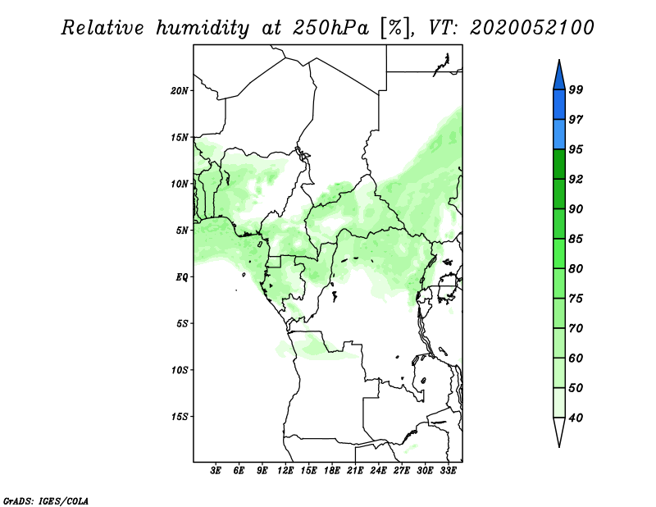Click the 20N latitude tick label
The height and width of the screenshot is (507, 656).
pos(180,91)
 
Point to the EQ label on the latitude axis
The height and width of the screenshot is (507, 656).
pos(182,277)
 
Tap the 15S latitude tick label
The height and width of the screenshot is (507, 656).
pos(180,417)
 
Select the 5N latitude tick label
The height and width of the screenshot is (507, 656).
pos(182,231)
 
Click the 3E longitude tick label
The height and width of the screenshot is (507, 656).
pos(216,471)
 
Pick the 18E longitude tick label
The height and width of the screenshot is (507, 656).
pos(332,471)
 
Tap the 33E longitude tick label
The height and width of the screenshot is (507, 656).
pos(448,471)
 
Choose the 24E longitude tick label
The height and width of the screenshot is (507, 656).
pos(378,471)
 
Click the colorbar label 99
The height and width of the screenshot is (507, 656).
pos(576,89)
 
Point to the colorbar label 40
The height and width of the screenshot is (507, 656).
pos(576,418)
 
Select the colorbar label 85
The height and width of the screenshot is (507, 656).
pos(576,239)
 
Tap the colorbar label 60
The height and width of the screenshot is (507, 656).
pos(576,358)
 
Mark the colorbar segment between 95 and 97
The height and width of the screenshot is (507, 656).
pos(559,135)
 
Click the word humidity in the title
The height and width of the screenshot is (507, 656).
pos(203,28)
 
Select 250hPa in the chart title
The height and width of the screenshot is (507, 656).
pos(330,28)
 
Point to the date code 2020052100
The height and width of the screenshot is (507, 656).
pos(531,28)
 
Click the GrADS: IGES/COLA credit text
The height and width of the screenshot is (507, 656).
pos(46,501)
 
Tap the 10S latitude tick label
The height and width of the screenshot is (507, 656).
pos(180,370)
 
